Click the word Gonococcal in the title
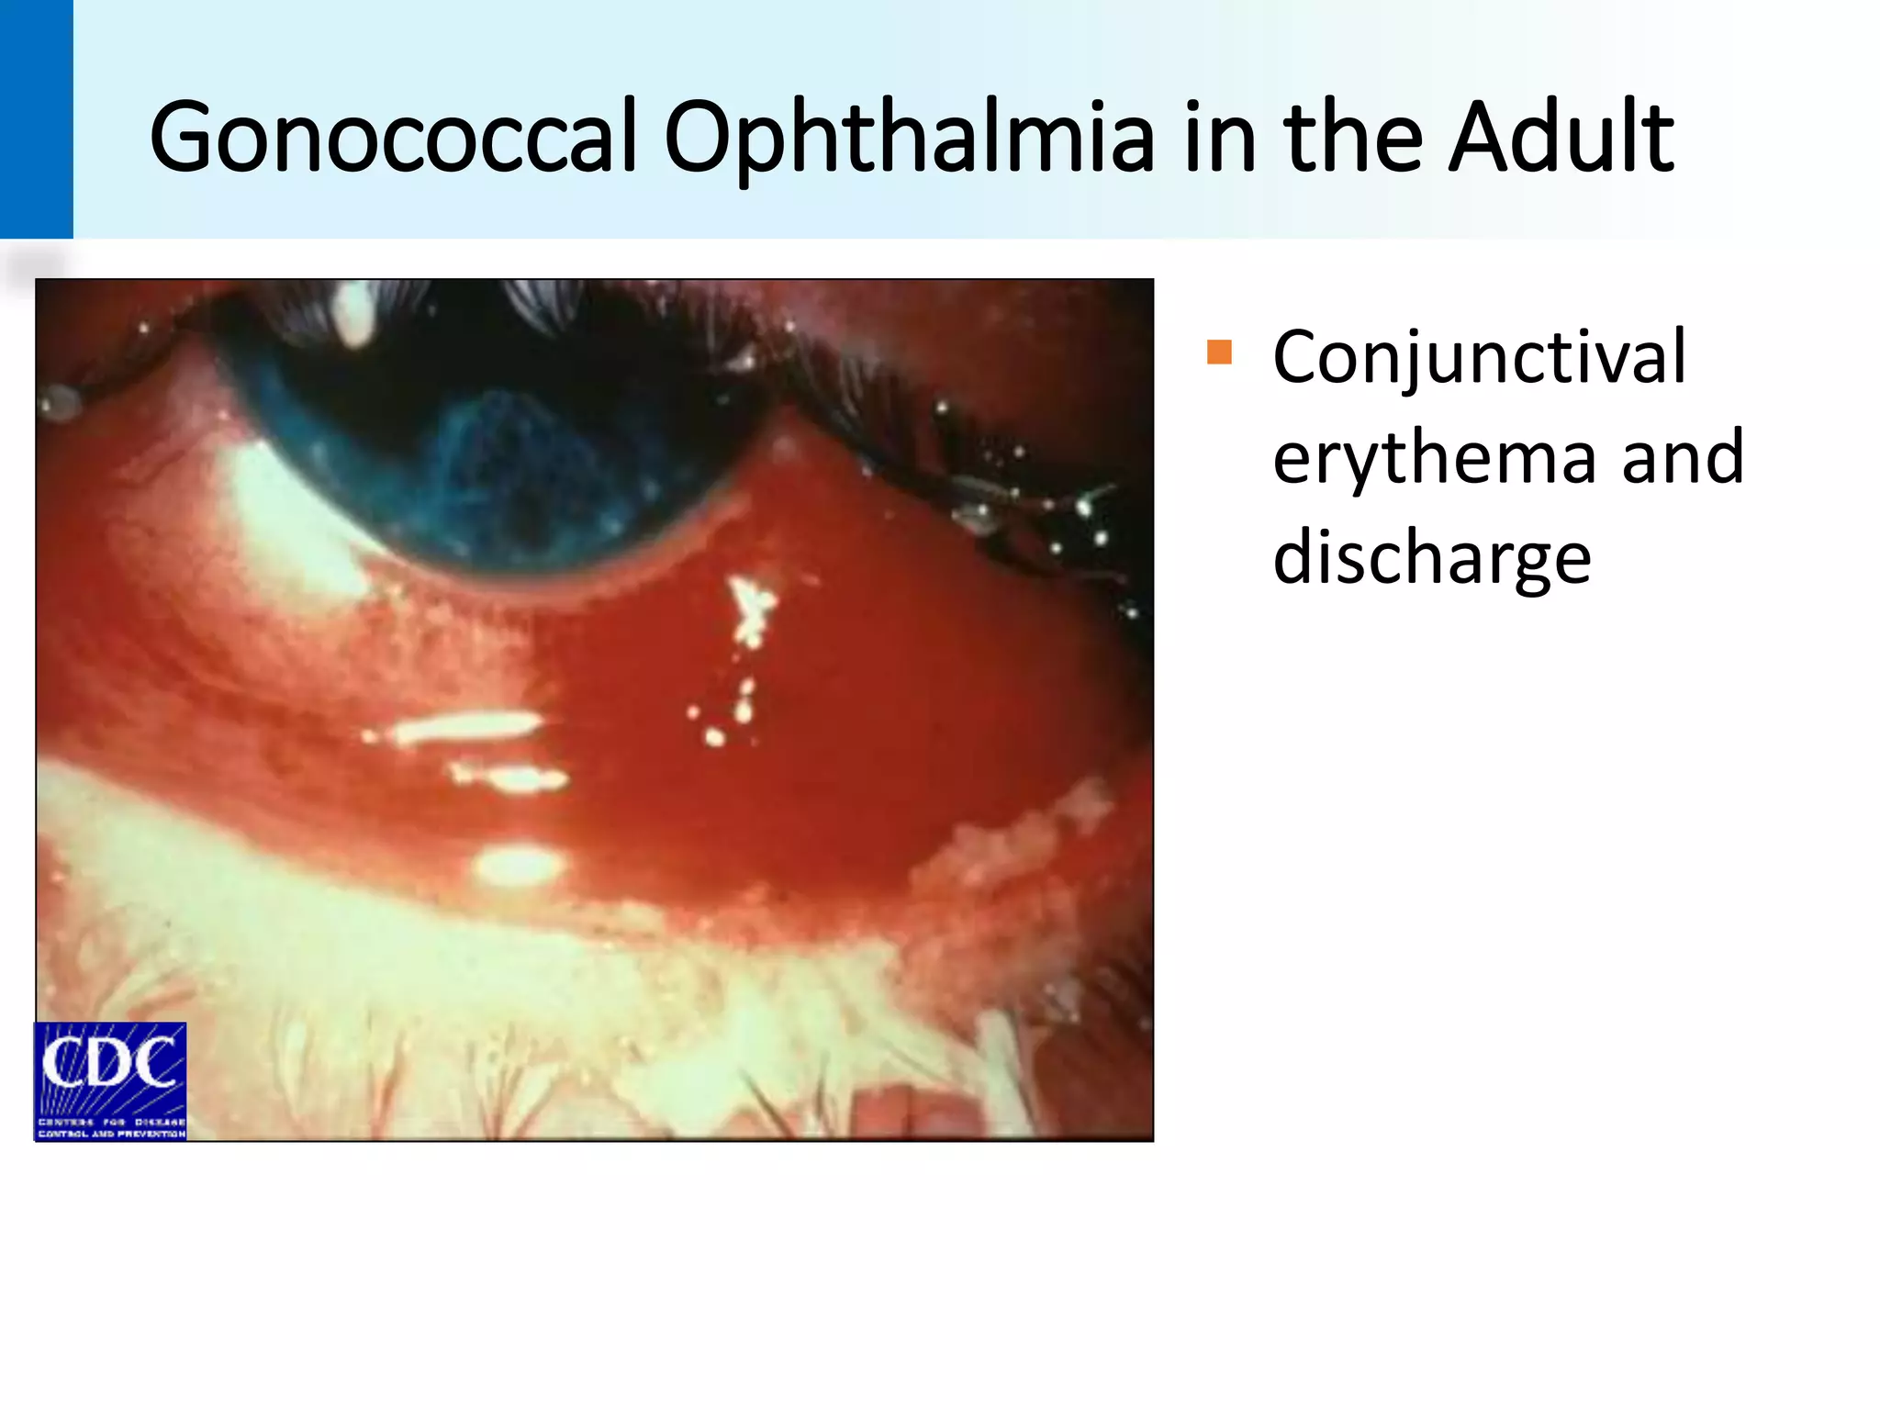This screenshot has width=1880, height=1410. click(x=393, y=138)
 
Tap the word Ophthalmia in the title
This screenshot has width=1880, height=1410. click(x=909, y=138)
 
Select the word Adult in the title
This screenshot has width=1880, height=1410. click(x=1561, y=138)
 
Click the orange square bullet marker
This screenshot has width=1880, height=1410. click(x=1219, y=352)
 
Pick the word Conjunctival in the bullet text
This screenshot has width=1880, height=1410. click(x=1479, y=358)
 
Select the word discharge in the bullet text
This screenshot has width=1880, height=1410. click(x=1432, y=558)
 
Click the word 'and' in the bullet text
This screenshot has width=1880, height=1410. click(x=1682, y=457)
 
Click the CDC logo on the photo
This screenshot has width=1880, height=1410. click(x=110, y=1081)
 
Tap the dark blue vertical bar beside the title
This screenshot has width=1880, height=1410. click(x=36, y=119)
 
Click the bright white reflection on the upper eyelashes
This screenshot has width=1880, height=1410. click(x=352, y=312)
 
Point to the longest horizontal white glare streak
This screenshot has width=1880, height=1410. click(x=464, y=730)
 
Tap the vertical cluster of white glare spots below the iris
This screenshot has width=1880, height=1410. click(x=748, y=643)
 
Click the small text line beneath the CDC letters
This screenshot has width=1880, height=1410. click(x=111, y=1127)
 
